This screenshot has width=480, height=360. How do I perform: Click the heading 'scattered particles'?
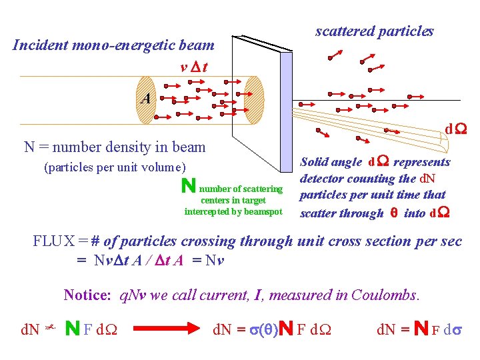(374, 31)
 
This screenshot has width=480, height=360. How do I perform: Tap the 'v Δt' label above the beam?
(197, 67)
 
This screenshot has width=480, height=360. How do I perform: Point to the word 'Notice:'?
(87, 295)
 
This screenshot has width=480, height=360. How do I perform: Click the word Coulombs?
(385, 295)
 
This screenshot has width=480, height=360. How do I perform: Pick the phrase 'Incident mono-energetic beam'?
(113, 46)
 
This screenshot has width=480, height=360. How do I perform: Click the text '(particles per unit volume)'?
(115, 167)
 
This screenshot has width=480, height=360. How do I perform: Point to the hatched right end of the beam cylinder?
(255, 100)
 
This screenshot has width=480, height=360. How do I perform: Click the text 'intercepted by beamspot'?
(233, 212)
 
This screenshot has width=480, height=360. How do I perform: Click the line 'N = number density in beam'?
(115, 147)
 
